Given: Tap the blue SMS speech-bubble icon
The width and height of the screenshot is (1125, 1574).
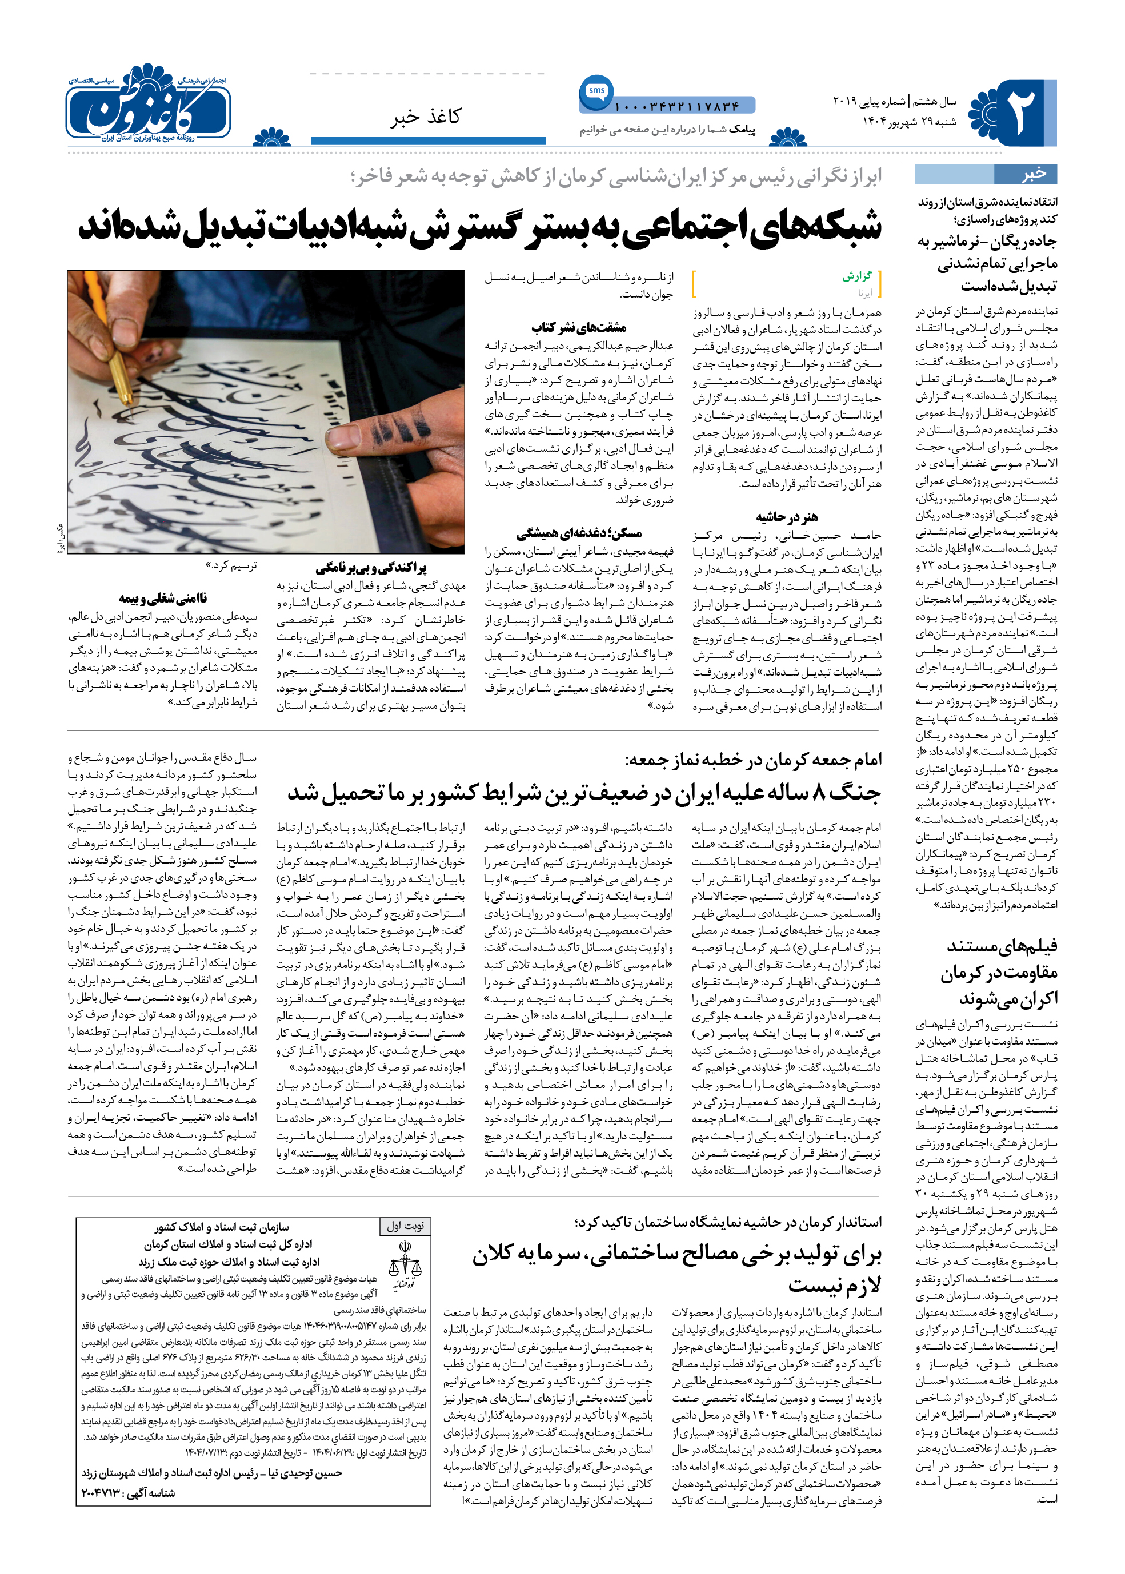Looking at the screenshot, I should coord(596,91).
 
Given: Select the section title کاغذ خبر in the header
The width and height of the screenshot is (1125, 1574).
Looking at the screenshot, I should coord(425,117).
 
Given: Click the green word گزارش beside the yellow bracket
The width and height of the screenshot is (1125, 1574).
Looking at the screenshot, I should coord(857,276).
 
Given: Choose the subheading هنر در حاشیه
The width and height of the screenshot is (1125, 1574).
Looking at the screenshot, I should coord(787,517).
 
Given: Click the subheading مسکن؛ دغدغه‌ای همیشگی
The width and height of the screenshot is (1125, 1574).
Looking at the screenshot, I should coord(579,533).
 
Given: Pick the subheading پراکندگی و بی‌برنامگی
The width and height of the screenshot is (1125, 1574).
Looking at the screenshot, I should coord(371,568).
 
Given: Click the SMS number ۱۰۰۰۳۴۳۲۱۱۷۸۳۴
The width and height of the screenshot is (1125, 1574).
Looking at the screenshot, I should coord(677,107).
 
